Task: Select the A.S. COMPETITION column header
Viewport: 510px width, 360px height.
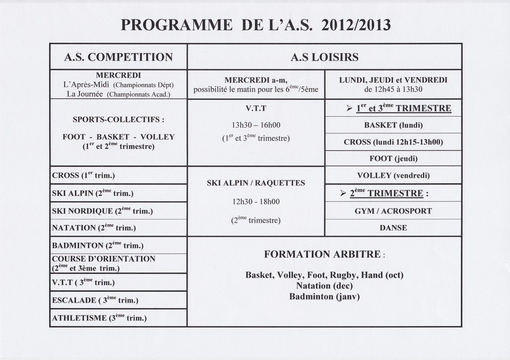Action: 119,57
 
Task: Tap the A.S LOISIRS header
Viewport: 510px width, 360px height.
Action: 324,57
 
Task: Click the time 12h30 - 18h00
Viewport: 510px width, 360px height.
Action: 255,202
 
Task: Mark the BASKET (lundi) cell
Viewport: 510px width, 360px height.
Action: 393,125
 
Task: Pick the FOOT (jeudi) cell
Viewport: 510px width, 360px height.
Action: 393,159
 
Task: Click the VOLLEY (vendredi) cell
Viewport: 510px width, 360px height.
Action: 393,175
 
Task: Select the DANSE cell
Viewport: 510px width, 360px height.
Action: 393,228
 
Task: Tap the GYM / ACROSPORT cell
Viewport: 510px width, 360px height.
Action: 393,211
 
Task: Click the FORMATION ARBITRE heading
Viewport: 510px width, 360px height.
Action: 324,254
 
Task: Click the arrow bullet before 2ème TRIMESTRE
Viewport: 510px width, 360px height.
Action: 343,193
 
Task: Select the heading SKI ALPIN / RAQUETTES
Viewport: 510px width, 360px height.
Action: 255,183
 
